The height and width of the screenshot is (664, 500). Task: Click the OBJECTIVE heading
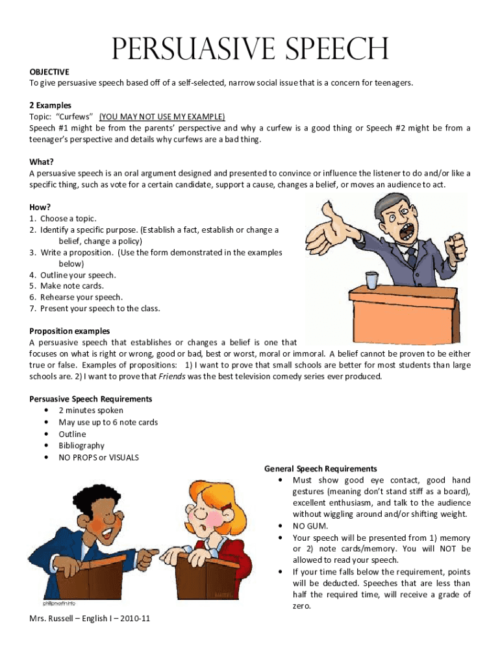coord(49,71)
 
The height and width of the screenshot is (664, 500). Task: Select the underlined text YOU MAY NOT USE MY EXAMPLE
coord(162,117)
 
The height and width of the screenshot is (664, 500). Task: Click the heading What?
coord(42,162)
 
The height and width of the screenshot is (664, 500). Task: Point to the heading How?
coord(40,207)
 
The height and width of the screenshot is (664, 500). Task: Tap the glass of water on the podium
coord(371,280)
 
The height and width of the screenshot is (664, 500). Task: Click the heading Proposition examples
coord(69,331)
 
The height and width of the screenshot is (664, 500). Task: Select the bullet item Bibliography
coord(81,445)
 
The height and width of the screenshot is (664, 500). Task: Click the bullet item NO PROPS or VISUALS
coord(99,457)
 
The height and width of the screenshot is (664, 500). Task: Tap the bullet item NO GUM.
coord(307,526)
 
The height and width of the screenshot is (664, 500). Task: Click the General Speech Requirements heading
coord(320,468)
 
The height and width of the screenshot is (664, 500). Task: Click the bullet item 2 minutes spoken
coord(91,410)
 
